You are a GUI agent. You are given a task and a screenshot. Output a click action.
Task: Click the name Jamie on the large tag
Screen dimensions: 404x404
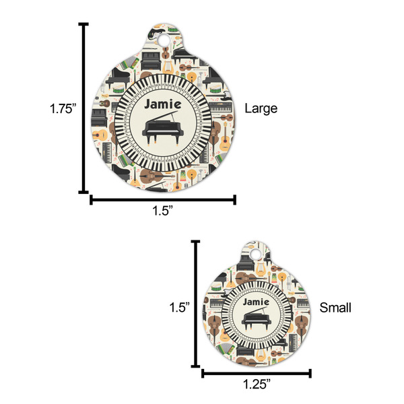point(162,104)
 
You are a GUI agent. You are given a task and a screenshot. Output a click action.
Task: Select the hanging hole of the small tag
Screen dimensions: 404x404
point(255,254)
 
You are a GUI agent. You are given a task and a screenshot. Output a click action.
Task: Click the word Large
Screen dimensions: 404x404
point(261,108)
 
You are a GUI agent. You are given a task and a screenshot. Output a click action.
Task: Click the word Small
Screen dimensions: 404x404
point(335,308)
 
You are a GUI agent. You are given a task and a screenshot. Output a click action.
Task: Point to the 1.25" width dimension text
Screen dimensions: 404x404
point(256,385)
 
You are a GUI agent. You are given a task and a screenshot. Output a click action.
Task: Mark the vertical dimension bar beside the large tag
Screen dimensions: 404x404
point(84,108)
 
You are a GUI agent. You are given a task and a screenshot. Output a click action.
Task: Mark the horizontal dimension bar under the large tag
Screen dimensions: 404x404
point(163,199)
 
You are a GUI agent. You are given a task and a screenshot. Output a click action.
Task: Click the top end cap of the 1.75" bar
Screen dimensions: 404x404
point(84,24)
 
